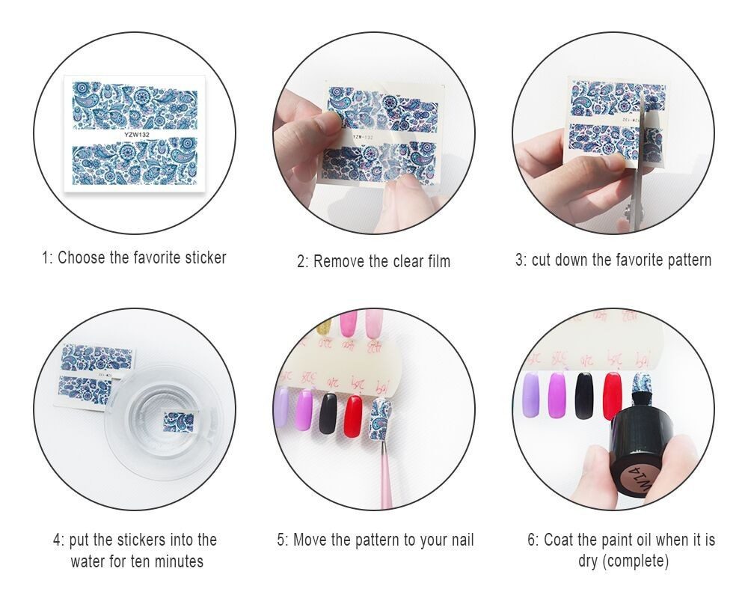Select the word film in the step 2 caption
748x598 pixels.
438,262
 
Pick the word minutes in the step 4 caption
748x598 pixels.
178,561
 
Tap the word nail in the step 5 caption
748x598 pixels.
459,540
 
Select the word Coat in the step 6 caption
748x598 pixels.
560,540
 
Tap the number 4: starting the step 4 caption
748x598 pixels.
58,540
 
